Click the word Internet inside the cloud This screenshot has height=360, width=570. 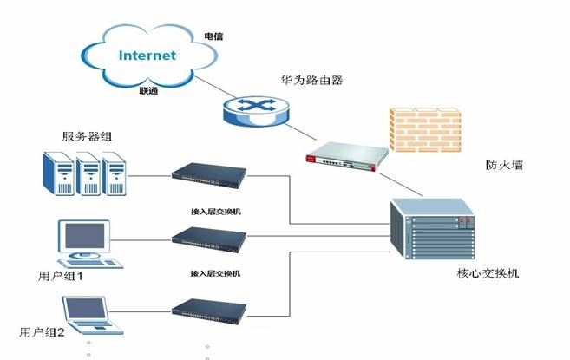tap(147, 56)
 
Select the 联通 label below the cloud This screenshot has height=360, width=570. tap(149, 89)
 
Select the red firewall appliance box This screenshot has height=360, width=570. tap(344, 154)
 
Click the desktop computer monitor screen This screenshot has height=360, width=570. tap(84, 235)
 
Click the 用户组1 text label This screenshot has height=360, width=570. tap(61, 277)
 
